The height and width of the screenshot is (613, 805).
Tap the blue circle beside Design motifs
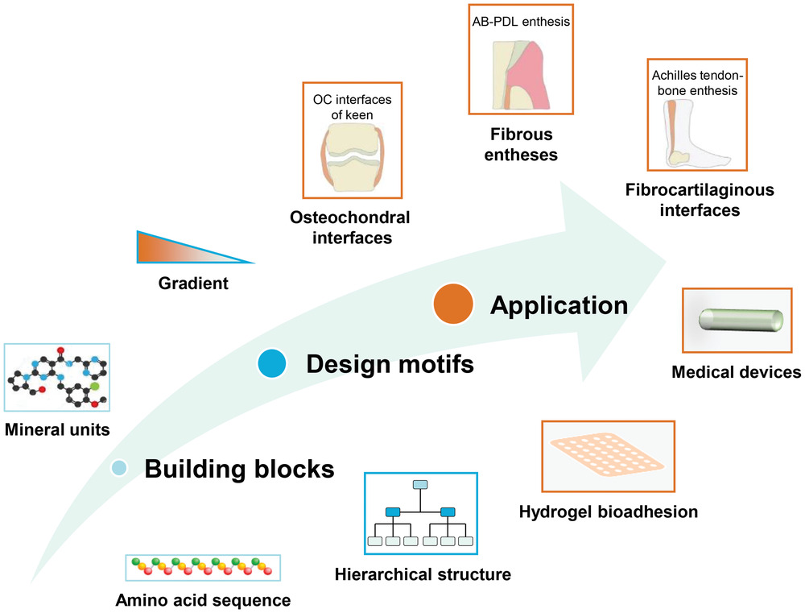coord(274,364)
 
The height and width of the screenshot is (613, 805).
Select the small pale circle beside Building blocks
coord(119,467)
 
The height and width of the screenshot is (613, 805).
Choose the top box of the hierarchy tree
coord(420,485)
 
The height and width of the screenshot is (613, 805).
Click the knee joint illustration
coord(344,161)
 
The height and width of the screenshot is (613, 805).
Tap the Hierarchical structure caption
coord(423,574)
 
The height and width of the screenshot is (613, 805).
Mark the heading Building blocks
coord(239,469)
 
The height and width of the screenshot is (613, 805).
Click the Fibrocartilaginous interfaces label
coord(699,200)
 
